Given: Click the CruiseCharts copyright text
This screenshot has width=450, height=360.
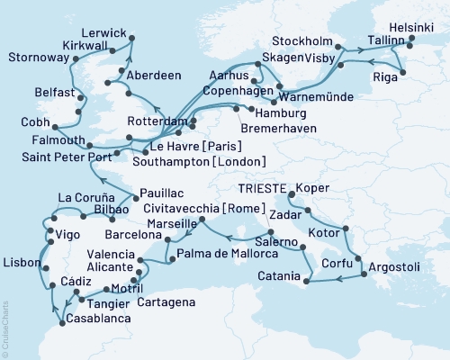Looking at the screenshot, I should pos(4,328).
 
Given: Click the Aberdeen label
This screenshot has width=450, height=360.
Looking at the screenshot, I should pos(153,75).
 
